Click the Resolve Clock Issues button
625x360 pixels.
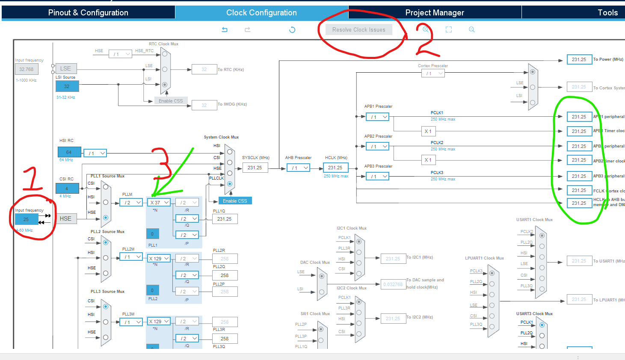click(x=358, y=30)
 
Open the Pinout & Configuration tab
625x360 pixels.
click(x=88, y=12)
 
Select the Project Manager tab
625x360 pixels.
click(x=434, y=12)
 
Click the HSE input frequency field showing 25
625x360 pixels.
click(x=26, y=219)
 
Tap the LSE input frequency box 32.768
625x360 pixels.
click(x=26, y=69)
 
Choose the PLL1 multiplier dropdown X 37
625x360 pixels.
click(x=159, y=202)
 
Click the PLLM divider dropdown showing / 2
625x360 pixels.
click(x=131, y=202)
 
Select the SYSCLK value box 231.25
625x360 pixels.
click(x=255, y=168)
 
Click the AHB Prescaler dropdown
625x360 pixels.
click(x=298, y=168)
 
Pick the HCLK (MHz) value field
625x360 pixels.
click(x=335, y=168)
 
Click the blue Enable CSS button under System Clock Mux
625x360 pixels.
click(x=235, y=201)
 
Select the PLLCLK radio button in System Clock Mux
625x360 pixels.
click(x=230, y=184)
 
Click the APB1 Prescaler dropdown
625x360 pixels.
click(x=377, y=117)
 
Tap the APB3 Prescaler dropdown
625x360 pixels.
click(x=377, y=176)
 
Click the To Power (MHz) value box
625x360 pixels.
click(x=579, y=59)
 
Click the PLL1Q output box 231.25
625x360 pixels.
click(x=225, y=219)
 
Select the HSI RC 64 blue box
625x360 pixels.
click(x=69, y=152)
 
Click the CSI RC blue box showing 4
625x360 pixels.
click(x=67, y=188)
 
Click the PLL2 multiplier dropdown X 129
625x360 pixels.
click(x=159, y=258)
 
